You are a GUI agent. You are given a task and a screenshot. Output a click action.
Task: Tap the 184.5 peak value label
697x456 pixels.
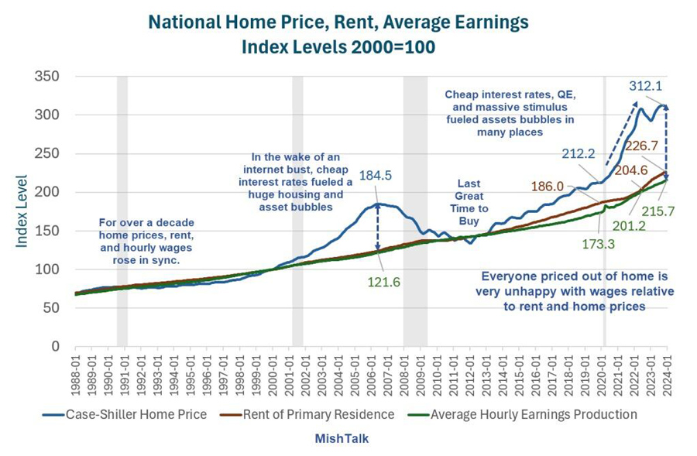[376, 176]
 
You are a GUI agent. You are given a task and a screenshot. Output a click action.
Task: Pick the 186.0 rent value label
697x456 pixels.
[548, 187]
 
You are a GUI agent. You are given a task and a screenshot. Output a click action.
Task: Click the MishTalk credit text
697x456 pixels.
[342, 438]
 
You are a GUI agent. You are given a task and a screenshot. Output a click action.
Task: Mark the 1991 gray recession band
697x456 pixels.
[122, 209]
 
